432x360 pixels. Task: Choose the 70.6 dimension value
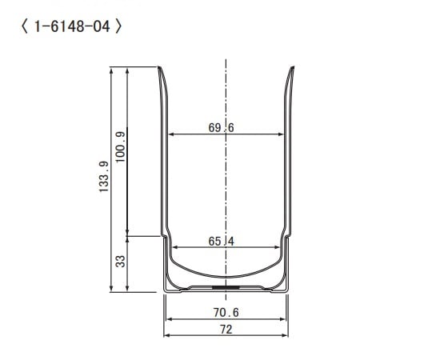(226, 312)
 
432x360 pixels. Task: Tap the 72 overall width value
(226, 329)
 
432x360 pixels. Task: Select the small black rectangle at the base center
(226, 284)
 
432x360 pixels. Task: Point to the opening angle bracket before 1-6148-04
(20, 26)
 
